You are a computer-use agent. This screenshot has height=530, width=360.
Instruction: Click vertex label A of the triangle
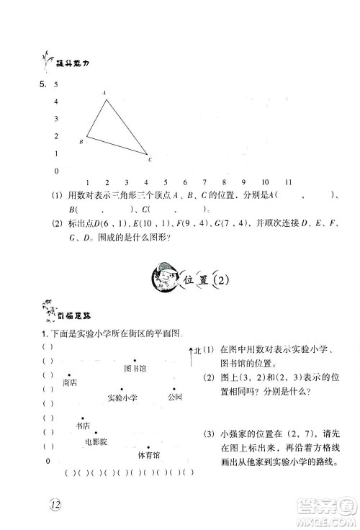(x=105, y=93)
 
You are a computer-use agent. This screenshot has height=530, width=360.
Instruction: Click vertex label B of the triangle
(x=81, y=142)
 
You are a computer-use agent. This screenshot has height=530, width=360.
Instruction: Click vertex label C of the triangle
(x=150, y=159)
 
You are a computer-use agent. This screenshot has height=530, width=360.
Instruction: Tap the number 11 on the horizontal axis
(x=287, y=182)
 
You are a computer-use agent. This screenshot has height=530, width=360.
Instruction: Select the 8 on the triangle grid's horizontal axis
(x=225, y=182)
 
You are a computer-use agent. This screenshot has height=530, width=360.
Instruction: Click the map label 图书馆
(x=135, y=369)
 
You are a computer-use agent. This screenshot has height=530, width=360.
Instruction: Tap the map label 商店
(x=70, y=383)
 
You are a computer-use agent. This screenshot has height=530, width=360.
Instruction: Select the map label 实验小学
(x=122, y=397)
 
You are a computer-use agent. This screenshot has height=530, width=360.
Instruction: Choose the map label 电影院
(x=95, y=441)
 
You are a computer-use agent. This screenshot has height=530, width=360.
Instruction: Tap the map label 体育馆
(x=148, y=455)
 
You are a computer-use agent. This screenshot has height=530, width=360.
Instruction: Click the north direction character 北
(x=197, y=351)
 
